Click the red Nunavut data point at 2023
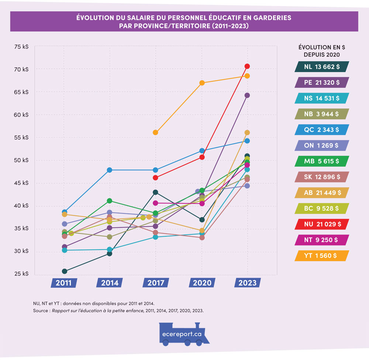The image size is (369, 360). [x=247, y=66]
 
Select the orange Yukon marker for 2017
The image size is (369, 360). [x=155, y=133]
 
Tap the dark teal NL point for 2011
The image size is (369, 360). [x=65, y=271]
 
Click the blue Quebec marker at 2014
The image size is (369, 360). [x=110, y=170]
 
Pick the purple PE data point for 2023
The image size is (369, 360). [x=247, y=95]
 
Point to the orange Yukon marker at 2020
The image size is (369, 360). [x=202, y=83]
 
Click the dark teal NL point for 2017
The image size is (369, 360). [x=155, y=192]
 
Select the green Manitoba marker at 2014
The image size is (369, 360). [x=110, y=201]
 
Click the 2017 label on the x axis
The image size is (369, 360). [x=155, y=283]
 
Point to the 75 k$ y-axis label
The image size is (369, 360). [x=21, y=47]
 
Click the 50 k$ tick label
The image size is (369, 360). [x=21, y=161]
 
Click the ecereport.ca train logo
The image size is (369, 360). [x=182, y=333]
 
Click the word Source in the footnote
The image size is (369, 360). [x=41, y=311]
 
